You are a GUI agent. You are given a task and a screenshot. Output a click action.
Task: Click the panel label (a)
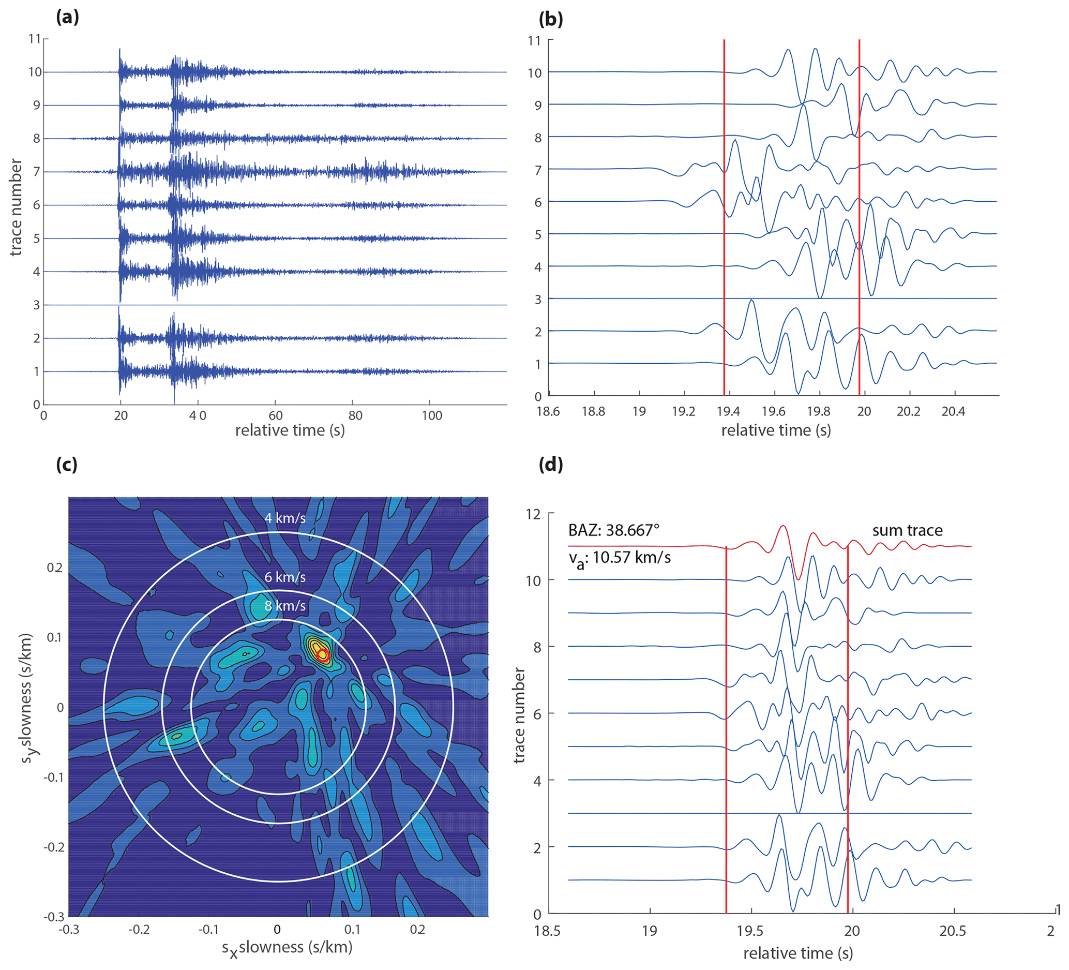(67, 18)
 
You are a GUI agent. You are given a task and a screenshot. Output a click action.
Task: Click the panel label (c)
(67, 465)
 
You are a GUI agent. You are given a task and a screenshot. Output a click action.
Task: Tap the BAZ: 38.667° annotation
(613, 530)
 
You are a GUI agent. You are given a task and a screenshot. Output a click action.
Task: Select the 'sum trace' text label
(907, 530)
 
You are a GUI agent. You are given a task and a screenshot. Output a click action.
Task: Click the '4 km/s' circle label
(285, 518)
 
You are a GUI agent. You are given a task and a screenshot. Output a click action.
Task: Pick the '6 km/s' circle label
(285, 577)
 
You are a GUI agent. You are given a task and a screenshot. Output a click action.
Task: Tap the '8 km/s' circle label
(285, 606)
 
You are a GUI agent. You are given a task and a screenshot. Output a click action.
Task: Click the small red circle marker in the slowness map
(323, 654)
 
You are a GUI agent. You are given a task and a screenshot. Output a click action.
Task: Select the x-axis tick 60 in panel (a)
(275, 415)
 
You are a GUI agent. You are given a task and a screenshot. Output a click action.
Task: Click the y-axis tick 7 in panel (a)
(37, 172)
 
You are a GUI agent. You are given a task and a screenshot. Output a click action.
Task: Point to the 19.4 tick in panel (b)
(729, 412)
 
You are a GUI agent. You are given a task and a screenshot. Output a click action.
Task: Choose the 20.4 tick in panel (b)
(953, 412)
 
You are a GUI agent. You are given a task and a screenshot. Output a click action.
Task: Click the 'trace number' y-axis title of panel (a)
(16, 207)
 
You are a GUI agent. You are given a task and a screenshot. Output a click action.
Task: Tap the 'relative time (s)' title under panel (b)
(776, 430)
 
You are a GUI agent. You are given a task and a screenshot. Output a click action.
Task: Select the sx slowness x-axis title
(287, 947)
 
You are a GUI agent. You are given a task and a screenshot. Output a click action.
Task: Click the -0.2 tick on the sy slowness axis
(53, 847)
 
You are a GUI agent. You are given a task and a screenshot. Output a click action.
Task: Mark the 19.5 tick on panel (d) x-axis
(751, 931)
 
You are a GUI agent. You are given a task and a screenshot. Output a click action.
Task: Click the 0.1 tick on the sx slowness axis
(352, 929)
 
